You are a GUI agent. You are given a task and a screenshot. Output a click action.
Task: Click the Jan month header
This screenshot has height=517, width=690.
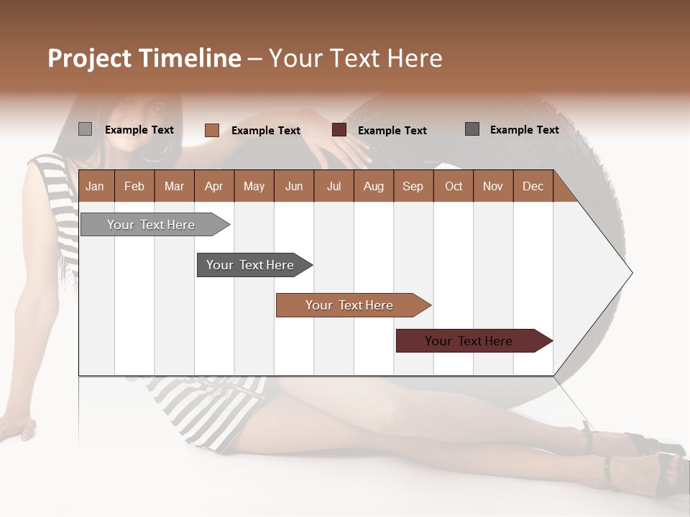tap(95, 186)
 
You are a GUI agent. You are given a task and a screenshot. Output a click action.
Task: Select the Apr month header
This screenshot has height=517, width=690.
tap(213, 186)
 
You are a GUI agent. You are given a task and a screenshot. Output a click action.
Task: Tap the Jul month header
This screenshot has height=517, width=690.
tap(333, 186)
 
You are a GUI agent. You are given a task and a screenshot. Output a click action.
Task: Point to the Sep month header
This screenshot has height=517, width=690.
tap(413, 186)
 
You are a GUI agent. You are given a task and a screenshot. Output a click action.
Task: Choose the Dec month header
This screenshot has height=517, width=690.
tap(533, 186)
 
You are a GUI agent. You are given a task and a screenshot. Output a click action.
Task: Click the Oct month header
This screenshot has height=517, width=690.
tap(453, 186)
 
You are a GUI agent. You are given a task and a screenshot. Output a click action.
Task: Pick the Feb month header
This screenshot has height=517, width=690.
tap(134, 186)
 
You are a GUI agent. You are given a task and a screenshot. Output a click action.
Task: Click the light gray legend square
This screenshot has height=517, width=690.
tap(85, 129)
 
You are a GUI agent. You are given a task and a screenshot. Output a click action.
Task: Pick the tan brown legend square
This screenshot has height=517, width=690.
tap(211, 130)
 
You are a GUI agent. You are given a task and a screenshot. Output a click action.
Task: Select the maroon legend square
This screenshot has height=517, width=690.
tap(339, 130)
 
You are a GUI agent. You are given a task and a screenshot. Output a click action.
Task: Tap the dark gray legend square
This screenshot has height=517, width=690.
tap(471, 129)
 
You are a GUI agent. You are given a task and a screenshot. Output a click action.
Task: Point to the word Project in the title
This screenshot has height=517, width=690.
tap(90, 58)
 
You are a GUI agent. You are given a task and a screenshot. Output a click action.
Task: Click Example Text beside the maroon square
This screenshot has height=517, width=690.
tap(392, 131)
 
